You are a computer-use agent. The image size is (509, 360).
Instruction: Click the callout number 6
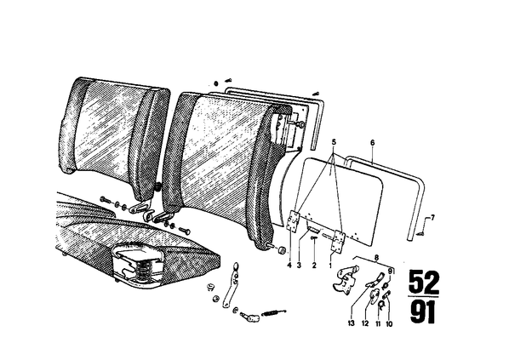[x=372, y=142]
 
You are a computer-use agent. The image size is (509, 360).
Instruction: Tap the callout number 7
[x=432, y=217]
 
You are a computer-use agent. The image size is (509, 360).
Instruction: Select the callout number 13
[x=352, y=323]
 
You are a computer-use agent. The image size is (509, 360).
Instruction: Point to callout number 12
[x=365, y=323]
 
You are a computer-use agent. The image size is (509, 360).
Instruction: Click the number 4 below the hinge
[x=289, y=266]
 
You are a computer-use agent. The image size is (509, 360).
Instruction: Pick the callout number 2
[x=314, y=266]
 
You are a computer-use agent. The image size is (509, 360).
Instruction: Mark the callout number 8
[x=376, y=259]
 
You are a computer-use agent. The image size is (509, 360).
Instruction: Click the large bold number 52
[x=424, y=282]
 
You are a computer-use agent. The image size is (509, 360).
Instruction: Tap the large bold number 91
[x=422, y=311]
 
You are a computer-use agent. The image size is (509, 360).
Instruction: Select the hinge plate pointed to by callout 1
[x=338, y=241]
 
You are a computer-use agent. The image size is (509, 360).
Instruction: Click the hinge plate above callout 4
[x=295, y=220]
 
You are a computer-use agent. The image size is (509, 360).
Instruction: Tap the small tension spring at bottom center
[x=275, y=312]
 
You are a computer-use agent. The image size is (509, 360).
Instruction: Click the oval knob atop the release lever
[x=237, y=266]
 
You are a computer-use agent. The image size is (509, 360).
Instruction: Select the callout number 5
[x=334, y=142]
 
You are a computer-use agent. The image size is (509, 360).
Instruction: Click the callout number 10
[x=389, y=323]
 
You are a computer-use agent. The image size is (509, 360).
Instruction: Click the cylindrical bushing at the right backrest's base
[x=283, y=250]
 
